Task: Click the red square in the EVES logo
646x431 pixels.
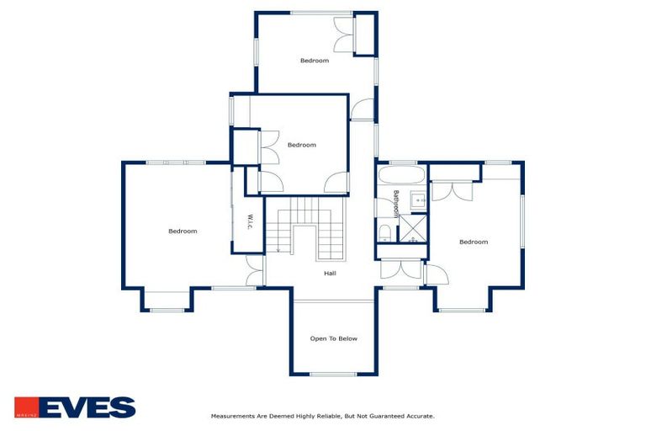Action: [25, 407]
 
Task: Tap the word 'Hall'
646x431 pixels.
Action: [331, 273]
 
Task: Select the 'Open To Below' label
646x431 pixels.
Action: [334, 338]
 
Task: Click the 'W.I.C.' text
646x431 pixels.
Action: [250, 222]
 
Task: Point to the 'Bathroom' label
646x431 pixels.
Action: [395, 205]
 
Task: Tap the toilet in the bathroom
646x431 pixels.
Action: [384, 232]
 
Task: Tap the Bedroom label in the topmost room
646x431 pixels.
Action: [315, 61]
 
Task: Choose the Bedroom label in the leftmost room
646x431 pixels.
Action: [183, 231]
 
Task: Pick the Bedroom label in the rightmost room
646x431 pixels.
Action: [474, 242]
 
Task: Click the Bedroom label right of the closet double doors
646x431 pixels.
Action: [302, 145]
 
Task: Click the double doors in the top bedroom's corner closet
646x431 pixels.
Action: [344, 36]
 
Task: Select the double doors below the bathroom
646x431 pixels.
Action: [400, 269]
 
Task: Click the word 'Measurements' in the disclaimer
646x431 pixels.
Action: [231, 416]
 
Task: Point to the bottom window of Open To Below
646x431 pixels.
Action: [333, 374]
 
